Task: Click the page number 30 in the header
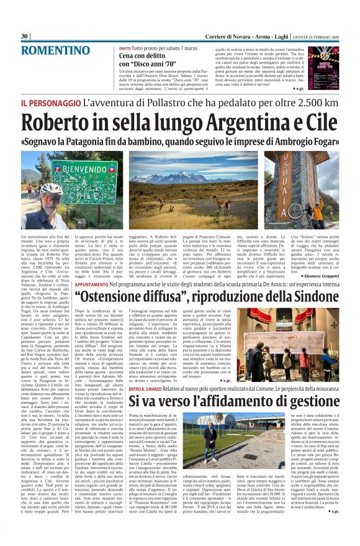[x=25, y=36]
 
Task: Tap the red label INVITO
[x=125, y=48]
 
